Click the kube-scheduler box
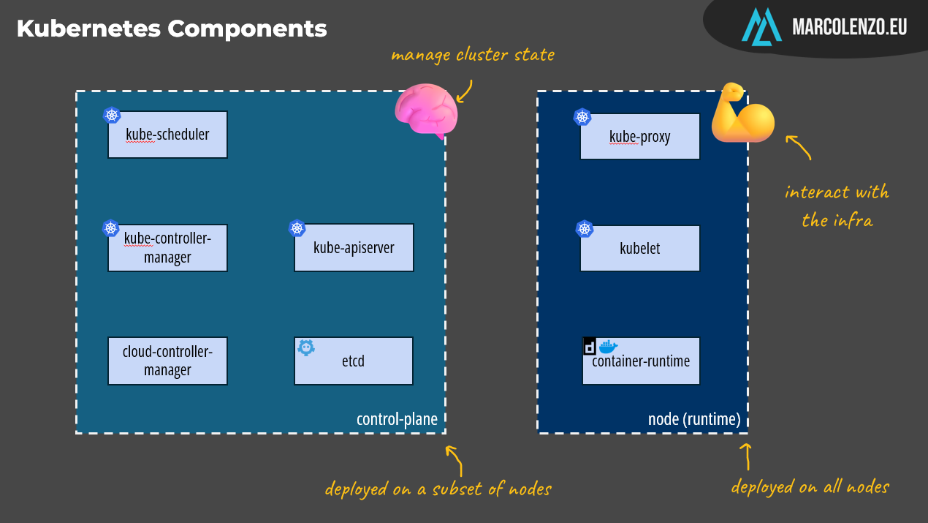pos(167,135)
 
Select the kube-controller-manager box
pos(167,248)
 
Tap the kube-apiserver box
pos(354,248)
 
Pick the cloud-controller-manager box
pos(167,361)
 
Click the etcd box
pos(354,361)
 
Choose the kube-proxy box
pos(640,136)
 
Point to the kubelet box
pos(640,248)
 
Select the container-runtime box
pos(641,361)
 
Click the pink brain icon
pos(426,111)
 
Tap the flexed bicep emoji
pos(741,115)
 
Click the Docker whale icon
pos(608,347)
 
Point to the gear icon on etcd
pos(305,347)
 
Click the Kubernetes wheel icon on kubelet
pos(585,229)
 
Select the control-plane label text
pos(397,419)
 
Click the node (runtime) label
pos(694,419)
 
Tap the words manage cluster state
pos(472,55)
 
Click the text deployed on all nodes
pos(810,487)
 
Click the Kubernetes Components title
pos(172,29)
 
